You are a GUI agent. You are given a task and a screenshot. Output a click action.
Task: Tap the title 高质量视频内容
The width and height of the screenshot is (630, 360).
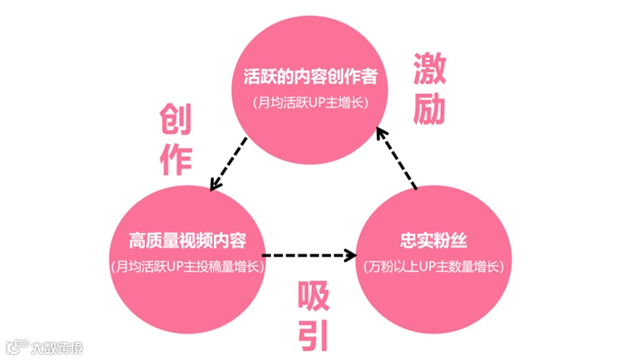pos(187,242)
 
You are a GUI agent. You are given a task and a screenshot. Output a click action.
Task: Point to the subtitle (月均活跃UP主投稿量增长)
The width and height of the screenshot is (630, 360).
pos(187,267)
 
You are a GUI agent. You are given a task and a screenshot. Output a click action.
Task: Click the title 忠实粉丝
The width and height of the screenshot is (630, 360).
pos(433,242)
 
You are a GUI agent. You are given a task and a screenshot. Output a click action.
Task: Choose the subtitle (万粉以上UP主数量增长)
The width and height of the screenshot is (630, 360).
pos(433,267)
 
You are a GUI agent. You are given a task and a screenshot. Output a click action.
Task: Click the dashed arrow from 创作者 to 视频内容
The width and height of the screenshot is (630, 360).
pos(228,163)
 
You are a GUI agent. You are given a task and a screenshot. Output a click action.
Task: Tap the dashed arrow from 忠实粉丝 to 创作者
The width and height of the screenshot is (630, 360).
pos(397,157)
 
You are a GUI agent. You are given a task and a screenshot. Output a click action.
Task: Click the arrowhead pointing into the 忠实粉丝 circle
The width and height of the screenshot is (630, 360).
pos(352,254)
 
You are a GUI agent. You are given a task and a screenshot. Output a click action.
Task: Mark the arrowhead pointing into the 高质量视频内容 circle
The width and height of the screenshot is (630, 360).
pos(215,185)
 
